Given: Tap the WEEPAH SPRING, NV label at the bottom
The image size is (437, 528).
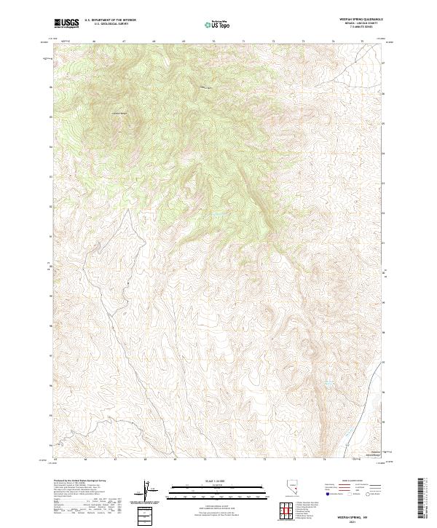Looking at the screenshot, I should coord(358,515).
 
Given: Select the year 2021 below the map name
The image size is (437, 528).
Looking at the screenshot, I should coord(358,520).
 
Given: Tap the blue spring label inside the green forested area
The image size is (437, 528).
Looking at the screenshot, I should coord(217,213).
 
